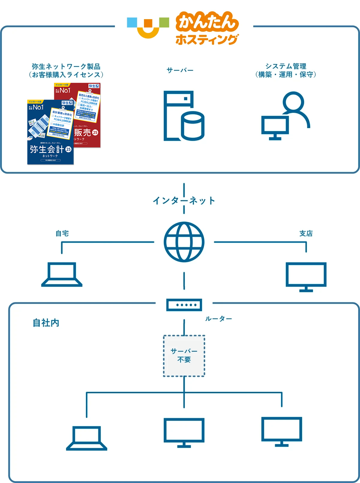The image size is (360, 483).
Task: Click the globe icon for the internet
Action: pyautogui.click(x=184, y=242)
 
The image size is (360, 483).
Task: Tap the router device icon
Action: pyautogui.click(x=184, y=305)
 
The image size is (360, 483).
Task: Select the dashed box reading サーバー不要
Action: pyautogui.click(x=184, y=356)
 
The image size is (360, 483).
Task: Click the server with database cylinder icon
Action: pyautogui.click(x=184, y=116)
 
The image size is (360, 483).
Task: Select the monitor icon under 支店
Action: pyautogui.click(x=306, y=277)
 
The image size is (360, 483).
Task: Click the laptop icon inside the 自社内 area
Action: pyautogui.click(x=87, y=438)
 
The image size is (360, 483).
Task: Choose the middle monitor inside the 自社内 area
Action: pyautogui.click(x=184, y=432)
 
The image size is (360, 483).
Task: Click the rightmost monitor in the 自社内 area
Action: pyautogui.click(x=281, y=431)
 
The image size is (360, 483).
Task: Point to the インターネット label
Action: pyautogui.click(x=184, y=200)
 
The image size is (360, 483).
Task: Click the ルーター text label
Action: pyautogui.click(x=218, y=319)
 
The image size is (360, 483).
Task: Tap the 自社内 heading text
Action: pyautogui.click(x=46, y=323)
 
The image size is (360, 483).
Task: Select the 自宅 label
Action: pyautogui.click(x=62, y=233)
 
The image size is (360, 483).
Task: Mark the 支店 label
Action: pyautogui.click(x=306, y=233)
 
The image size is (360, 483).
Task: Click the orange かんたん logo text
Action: pyautogui.click(x=207, y=22)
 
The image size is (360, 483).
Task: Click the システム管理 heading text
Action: pyautogui.click(x=286, y=66)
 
